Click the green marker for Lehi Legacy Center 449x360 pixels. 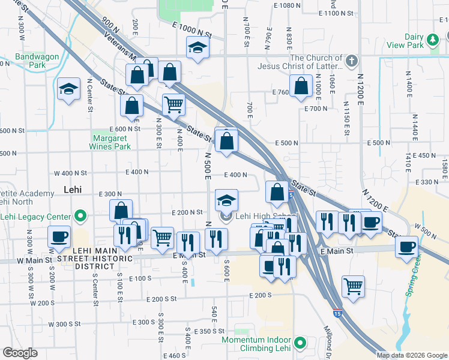pyautogui.click(x=80, y=216)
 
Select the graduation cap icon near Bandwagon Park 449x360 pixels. pyautogui.click(x=69, y=89)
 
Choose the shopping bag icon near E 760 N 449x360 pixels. pyautogui.click(x=300, y=85)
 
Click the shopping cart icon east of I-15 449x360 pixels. pyautogui.click(x=353, y=285)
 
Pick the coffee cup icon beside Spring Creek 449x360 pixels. pyautogui.click(x=406, y=246)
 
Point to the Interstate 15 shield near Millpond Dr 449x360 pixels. pyautogui.click(x=338, y=313)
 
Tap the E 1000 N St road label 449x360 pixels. pyautogui.click(x=191, y=29)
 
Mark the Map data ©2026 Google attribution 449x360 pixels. pyautogui.click(x=411, y=355)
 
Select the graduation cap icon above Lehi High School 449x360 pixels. pyautogui.click(x=226, y=200)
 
